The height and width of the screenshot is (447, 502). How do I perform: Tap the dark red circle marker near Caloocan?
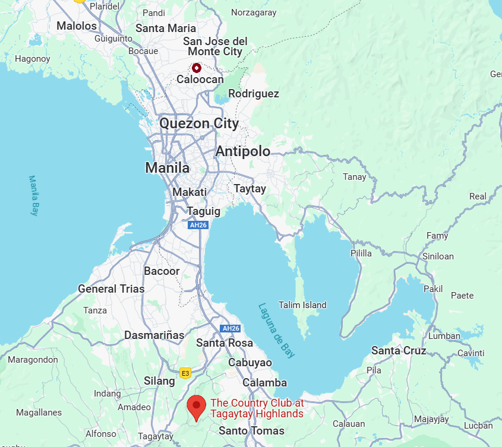[x=197, y=68]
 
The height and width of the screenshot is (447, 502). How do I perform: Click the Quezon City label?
[x=198, y=123]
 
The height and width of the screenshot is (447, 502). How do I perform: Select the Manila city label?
[x=167, y=168]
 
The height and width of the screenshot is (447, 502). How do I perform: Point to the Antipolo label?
[x=242, y=151]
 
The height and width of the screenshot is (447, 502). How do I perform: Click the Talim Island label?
[x=302, y=305]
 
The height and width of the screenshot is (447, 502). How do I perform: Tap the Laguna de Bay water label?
[x=276, y=330]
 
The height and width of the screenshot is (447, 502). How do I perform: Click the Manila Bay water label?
[x=34, y=195]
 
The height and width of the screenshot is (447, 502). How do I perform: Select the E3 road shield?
[x=185, y=373]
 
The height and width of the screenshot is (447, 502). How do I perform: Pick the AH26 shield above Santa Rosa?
[x=230, y=328]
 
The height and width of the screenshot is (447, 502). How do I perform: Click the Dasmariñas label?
[x=154, y=335]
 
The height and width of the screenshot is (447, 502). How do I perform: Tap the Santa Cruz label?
[x=399, y=351]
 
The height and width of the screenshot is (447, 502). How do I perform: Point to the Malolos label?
[x=77, y=26]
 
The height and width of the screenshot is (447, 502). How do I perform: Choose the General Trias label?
[x=111, y=289]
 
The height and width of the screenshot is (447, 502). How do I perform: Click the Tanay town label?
[x=355, y=177]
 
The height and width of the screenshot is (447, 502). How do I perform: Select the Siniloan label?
[x=438, y=256]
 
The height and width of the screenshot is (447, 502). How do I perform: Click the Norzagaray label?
[x=254, y=12]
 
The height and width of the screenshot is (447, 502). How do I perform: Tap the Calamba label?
[x=264, y=383]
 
